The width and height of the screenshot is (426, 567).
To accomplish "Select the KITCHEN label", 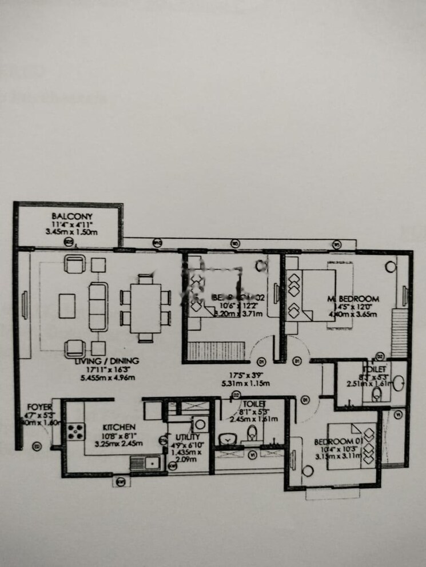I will pyautogui.click(x=118, y=427).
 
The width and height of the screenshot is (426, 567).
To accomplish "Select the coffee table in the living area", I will pyautogui.click(x=67, y=305).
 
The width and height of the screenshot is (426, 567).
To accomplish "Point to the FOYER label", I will pyautogui.click(x=39, y=407).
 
